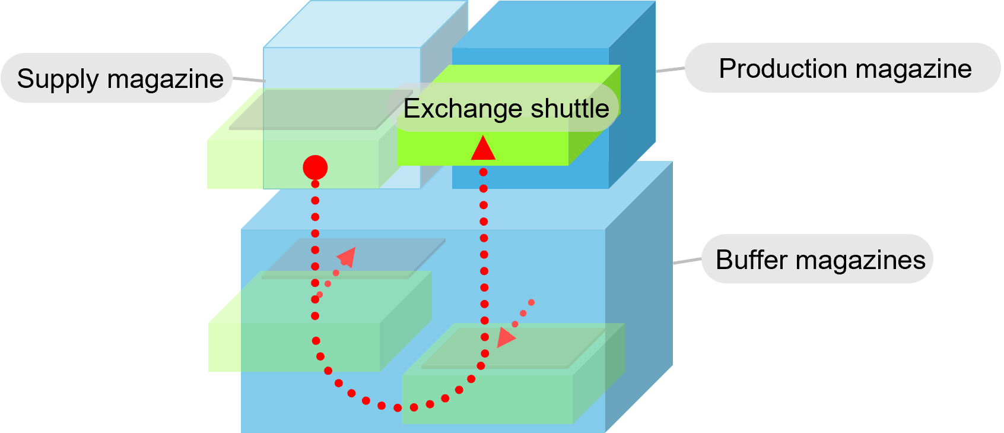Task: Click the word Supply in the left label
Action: [x=57, y=79]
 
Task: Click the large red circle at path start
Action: [x=315, y=167]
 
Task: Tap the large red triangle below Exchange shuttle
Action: [x=483, y=149]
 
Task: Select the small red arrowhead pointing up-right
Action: [x=347, y=257]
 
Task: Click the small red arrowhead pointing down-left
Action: [x=505, y=337]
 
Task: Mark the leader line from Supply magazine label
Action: [x=247, y=79]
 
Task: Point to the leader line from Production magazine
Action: [x=670, y=70]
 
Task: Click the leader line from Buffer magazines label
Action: [x=687, y=261]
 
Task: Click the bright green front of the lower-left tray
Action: [x=224, y=347]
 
